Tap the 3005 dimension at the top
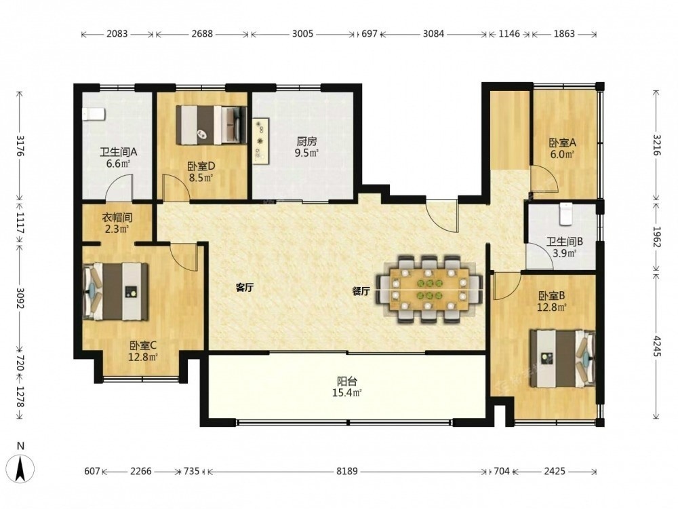click(302, 34)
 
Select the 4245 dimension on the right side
click(656, 346)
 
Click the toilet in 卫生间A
click(94, 115)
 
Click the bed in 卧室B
click(563, 359)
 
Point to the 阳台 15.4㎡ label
click(349, 387)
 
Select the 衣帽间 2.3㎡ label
click(117, 223)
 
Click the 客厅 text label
click(245, 288)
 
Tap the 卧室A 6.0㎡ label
click(563, 148)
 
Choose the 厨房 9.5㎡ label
click(306, 147)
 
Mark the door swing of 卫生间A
click(120, 187)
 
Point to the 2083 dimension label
click(117, 34)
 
